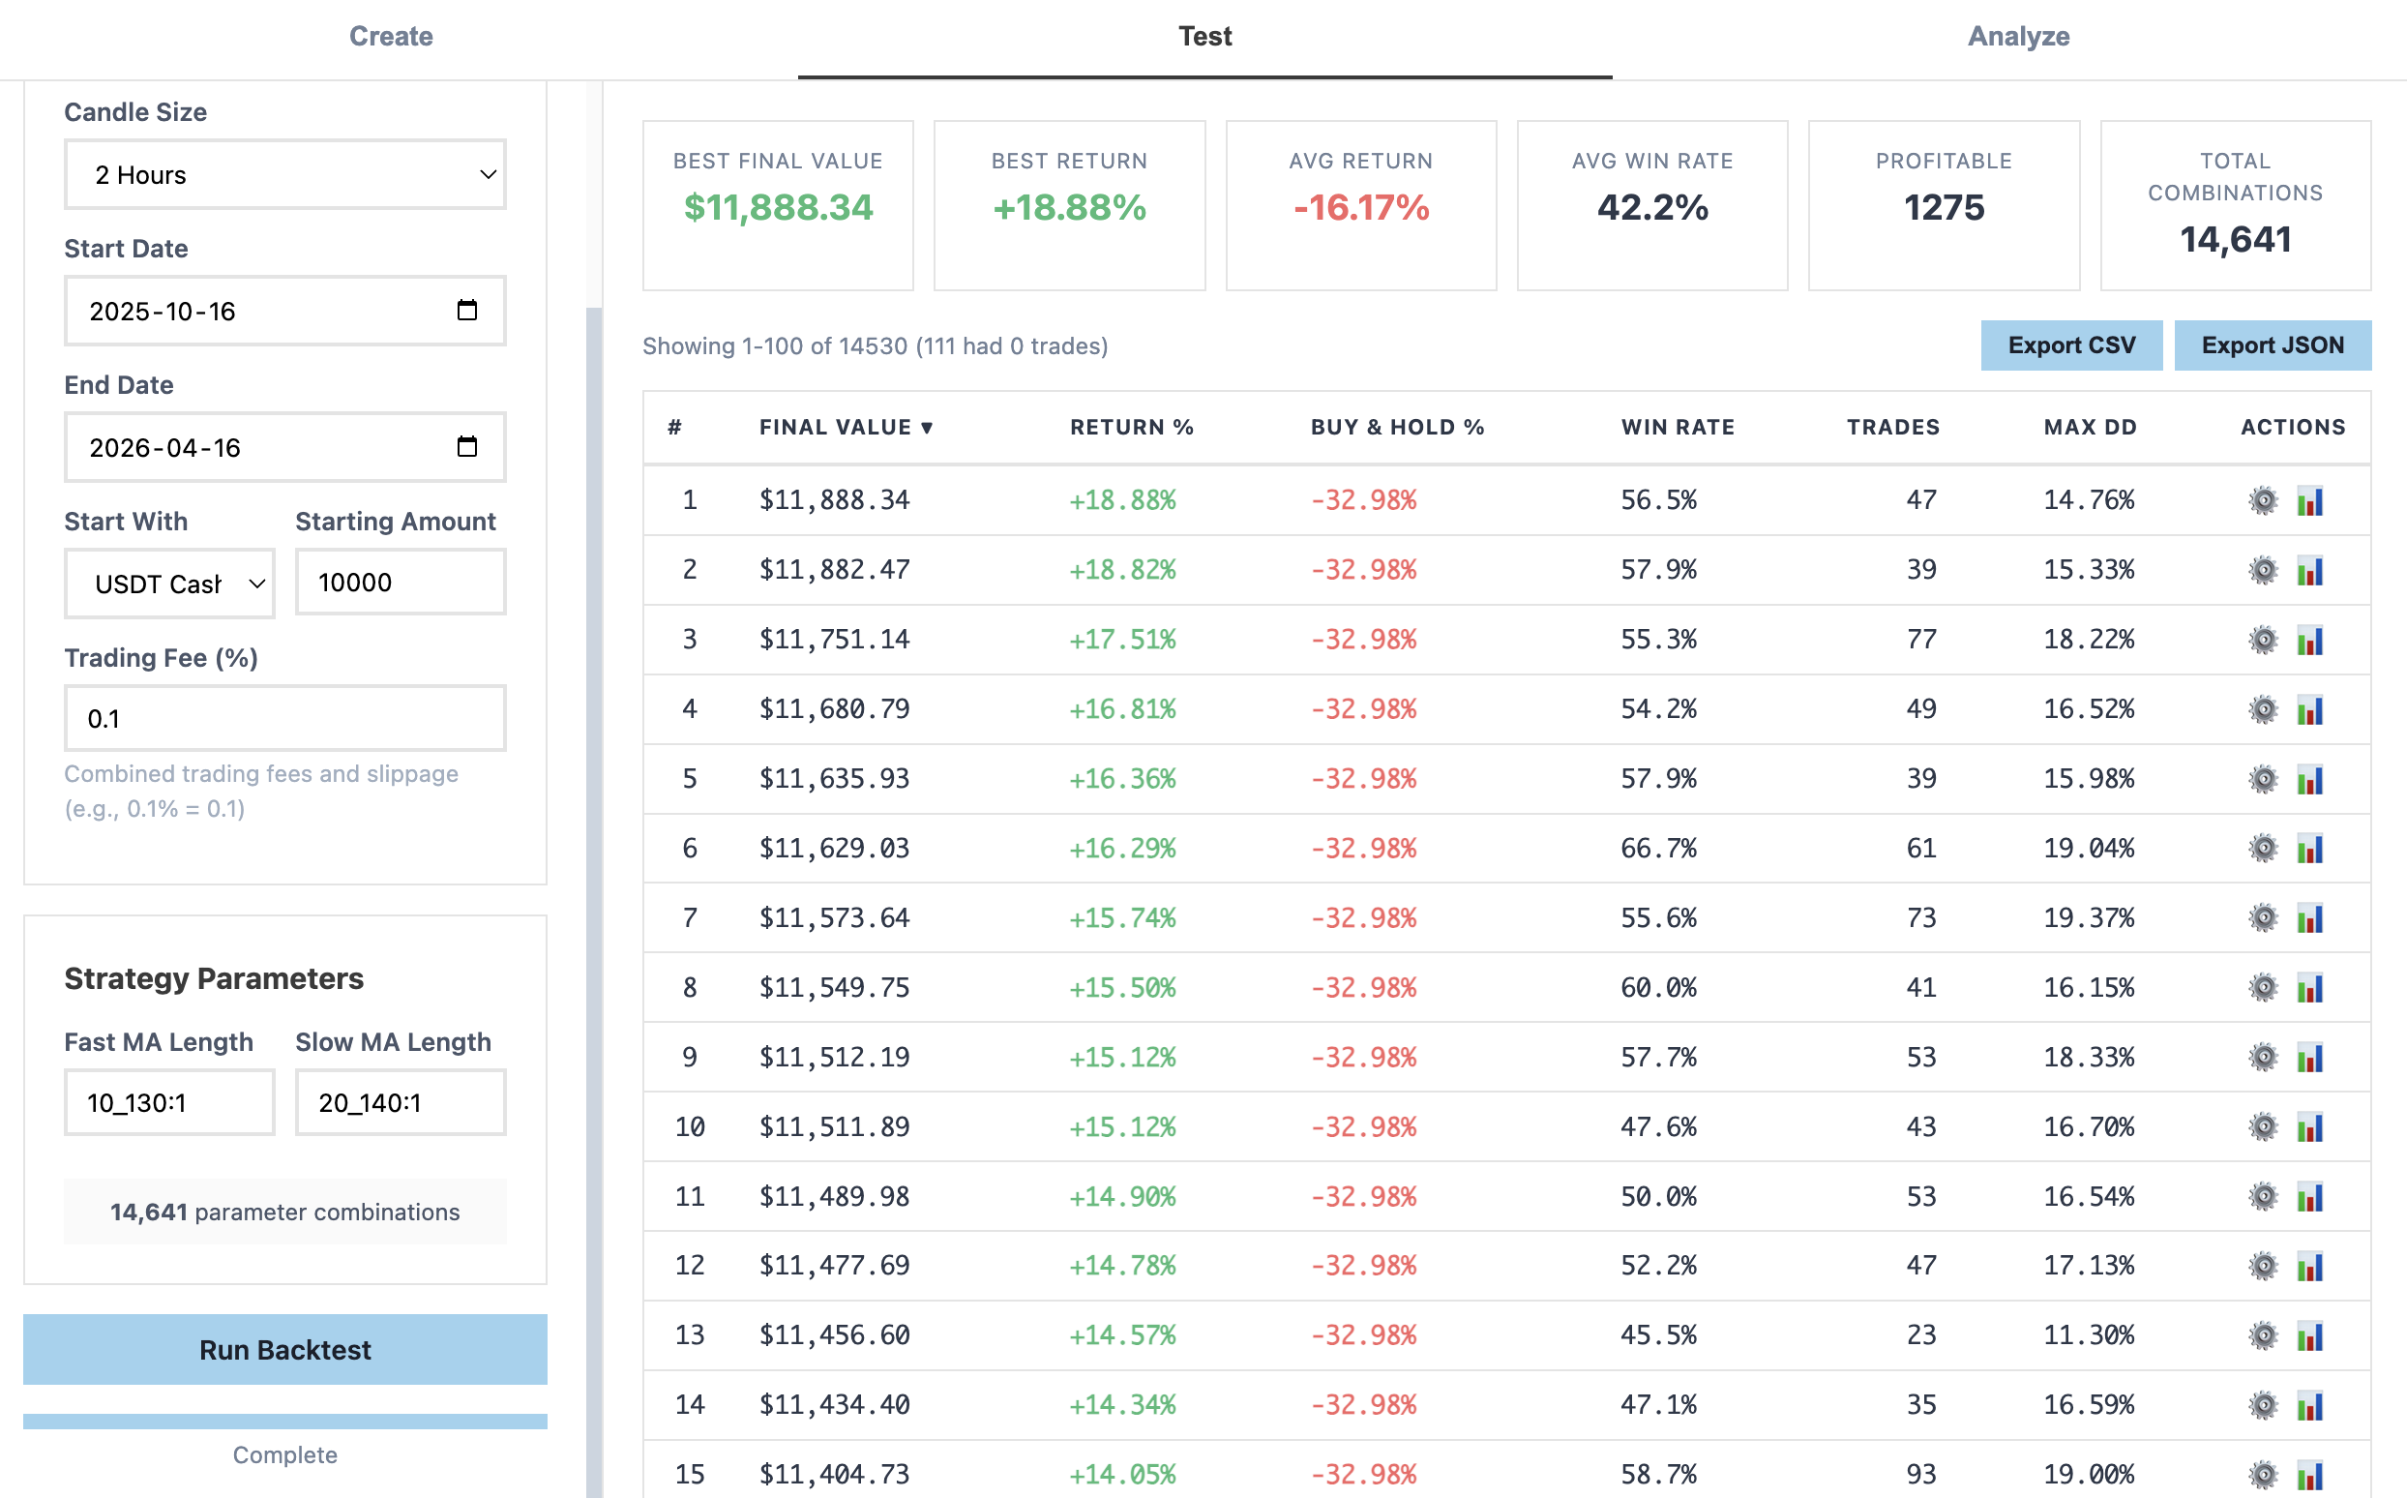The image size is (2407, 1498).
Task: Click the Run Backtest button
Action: tap(284, 1349)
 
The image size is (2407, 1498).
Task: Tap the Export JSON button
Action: tap(2272, 345)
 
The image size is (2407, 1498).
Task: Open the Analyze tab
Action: tap(2018, 37)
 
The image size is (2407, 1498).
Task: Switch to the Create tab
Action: tap(390, 37)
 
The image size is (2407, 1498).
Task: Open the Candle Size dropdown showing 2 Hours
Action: tap(284, 174)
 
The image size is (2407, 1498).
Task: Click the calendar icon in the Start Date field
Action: tap(466, 310)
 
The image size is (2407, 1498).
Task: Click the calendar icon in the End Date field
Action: tap(466, 447)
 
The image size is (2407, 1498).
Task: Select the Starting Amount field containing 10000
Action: tap(401, 583)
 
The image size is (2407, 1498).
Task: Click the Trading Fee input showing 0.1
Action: tap(284, 718)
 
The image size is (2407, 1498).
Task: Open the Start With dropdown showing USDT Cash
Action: tap(168, 584)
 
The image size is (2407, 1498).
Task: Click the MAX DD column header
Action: tap(2089, 427)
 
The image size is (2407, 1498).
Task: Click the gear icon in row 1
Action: tap(2263, 500)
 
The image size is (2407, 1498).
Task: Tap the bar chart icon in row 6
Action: tap(2309, 849)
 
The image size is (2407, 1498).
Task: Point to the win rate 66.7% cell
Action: tap(1658, 848)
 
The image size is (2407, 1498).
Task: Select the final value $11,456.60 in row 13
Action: tap(834, 1334)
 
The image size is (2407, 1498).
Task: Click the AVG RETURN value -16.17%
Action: tap(1360, 207)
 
